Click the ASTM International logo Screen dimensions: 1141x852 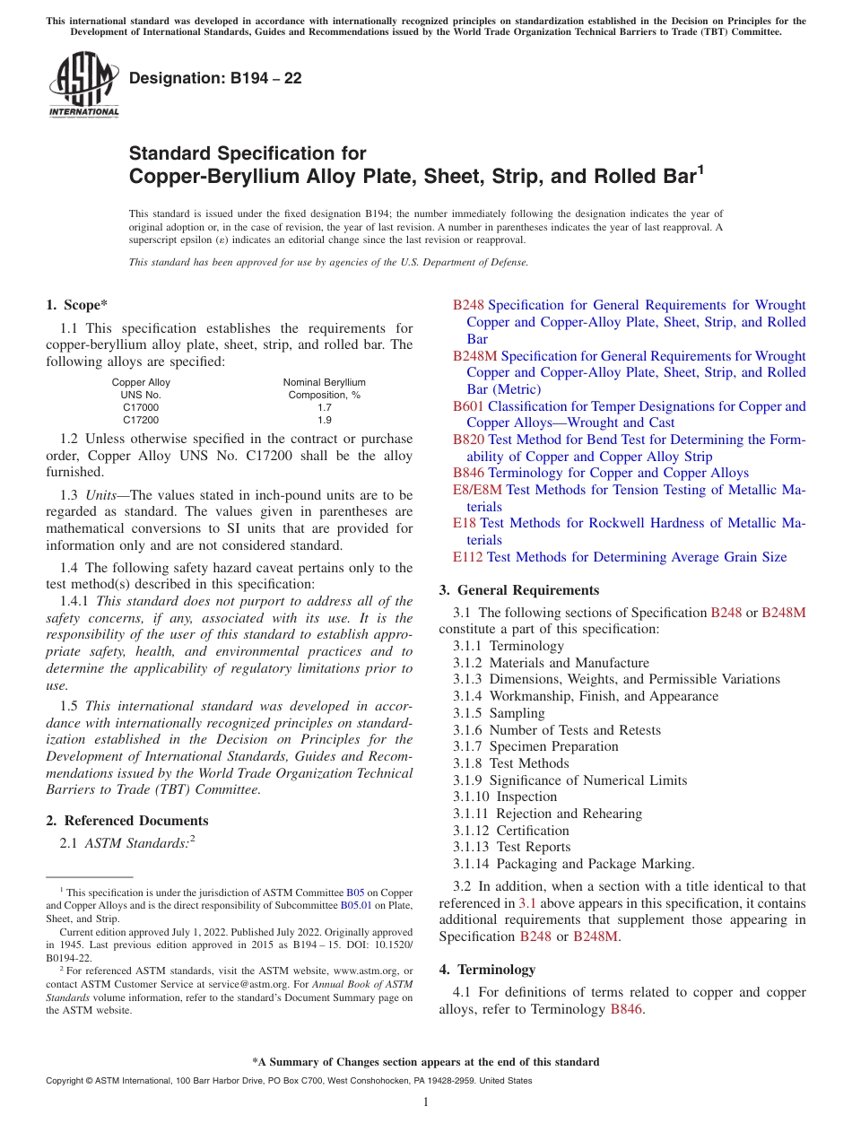click(83, 85)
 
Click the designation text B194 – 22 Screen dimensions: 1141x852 click(215, 78)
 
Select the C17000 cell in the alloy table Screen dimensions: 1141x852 click(141, 407)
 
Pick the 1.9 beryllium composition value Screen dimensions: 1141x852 click(325, 420)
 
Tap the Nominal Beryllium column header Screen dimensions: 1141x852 click(325, 382)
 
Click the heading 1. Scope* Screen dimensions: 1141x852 click(77, 305)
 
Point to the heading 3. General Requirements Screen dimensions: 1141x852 click(518, 590)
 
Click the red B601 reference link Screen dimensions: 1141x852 click(468, 406)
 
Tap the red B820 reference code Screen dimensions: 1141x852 click(468, 440)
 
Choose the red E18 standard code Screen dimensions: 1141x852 click(465, 523)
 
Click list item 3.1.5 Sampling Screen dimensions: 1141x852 click(499, 713)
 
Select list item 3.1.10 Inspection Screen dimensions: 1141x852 click(505, 797)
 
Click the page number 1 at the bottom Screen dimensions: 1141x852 click(426, 1102)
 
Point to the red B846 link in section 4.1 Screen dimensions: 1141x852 click(627, 1009)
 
